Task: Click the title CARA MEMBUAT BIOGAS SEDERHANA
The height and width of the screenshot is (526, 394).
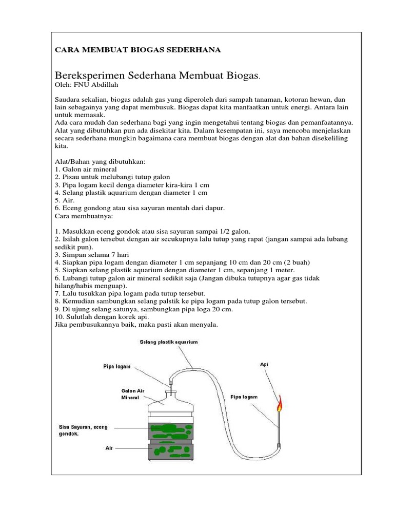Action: (137, 50)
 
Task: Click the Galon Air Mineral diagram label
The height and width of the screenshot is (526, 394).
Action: (133, 394)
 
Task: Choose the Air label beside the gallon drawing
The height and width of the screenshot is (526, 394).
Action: (109, 448)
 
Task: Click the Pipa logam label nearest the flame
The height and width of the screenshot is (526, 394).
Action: (244, 397)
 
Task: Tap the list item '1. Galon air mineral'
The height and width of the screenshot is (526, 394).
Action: (86, 169)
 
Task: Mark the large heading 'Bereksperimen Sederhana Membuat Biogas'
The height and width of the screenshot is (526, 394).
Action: (156, 76)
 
